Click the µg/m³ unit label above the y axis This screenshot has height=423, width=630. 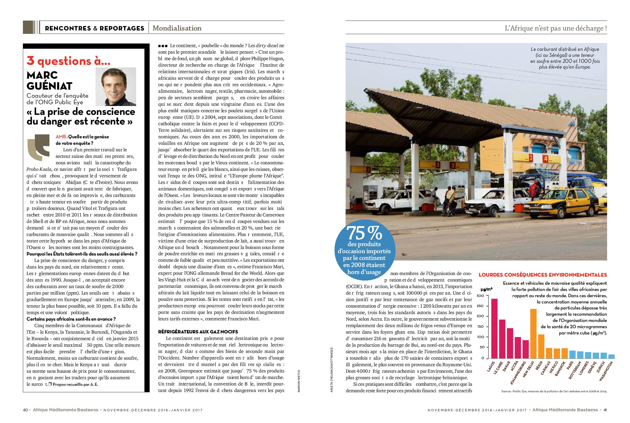coord(486,289)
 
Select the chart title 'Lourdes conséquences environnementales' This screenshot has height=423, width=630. coord(543,275)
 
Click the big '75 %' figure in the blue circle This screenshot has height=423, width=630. coord(364,233)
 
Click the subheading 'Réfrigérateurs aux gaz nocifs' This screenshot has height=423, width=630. coord(198,332)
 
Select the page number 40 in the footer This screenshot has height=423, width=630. coord(25,410)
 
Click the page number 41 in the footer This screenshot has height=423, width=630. coord(605,410)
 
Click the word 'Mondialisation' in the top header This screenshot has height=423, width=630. coord(177,28)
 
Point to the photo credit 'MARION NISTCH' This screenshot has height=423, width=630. coord(298,380)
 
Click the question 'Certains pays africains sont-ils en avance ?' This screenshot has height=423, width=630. coord(71,319)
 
